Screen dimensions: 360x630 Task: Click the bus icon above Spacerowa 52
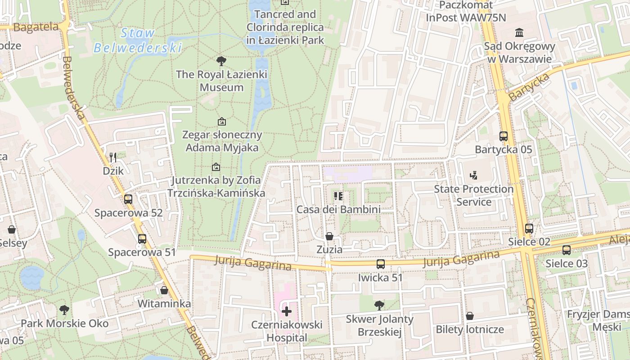(x=128, y=199)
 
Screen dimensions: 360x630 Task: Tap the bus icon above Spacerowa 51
(x=142, y=239)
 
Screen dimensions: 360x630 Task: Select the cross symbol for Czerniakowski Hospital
(x=287, y=311)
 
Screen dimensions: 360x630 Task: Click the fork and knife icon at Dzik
(x=113, y=157)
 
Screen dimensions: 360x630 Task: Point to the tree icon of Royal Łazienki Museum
(x=221, y=61)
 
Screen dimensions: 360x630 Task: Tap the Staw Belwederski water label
(x=138, y=40)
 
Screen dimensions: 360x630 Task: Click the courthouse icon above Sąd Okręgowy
(x=520, y=32)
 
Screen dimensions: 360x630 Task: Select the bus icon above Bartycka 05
(x=504, y=136)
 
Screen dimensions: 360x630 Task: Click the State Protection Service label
(x=473, y=195)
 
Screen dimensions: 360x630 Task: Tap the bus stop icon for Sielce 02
(x=529, y=228)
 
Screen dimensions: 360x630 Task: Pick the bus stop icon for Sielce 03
(x=567, y=250)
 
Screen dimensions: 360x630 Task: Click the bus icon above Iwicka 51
(x=381, y=264)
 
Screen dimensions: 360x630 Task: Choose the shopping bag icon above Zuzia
(x=329, y=236)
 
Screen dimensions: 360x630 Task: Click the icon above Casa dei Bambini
(x=338, y=196)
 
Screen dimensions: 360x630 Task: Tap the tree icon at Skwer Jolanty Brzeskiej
(x=379, y=306)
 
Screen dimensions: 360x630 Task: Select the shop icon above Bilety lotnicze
(x=470, y=316)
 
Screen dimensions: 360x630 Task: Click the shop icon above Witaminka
(x=164, y=290)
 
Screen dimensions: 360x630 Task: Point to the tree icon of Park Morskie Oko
(x=64, y=310)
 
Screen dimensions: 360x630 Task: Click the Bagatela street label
(x=36, y=27)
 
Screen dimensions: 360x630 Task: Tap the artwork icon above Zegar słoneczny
(x=221, y=121)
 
